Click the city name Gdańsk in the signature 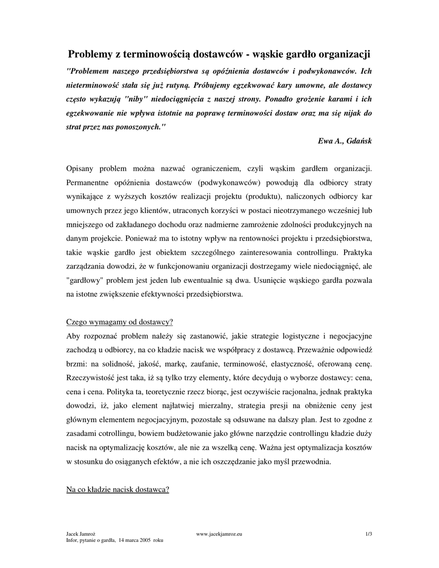point(359,141)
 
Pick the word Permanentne point(90,182)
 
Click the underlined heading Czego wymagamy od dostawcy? point(119,322)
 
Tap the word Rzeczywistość point(93,378)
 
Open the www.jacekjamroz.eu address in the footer point(220,534)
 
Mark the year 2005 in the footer point(146,539)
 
